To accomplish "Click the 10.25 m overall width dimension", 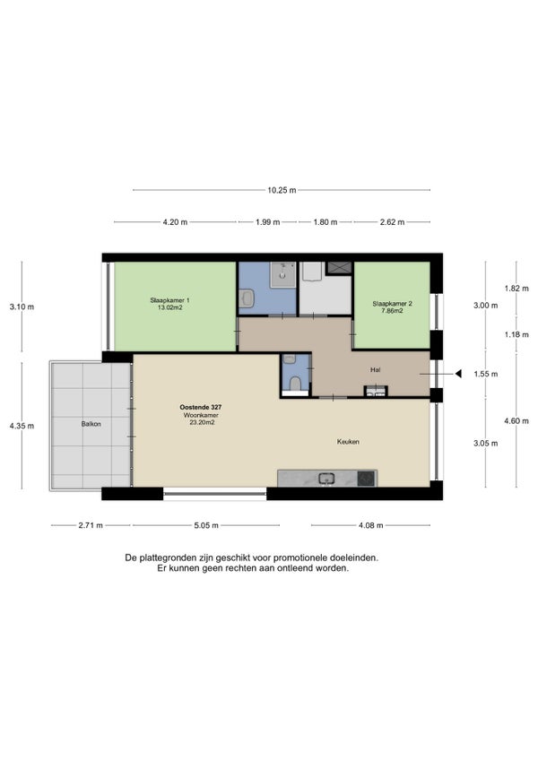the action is [x=282, y=190].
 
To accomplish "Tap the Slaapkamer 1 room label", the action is [x=169, y=300].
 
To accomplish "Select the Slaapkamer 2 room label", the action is [x=392, y=304].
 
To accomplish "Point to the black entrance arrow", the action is [x=458, y=374].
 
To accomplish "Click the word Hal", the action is [x=375, y=370].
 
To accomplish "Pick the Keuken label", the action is [x=348, y=442].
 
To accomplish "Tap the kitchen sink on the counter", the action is [x=326, y=479].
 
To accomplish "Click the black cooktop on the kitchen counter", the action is [x=366, y=479].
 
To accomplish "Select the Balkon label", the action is [x=91, y=424].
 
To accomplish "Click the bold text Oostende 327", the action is [x=200, y=408].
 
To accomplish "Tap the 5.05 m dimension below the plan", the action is [x=206, y=525].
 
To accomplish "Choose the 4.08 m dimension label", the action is [x=370, y=525].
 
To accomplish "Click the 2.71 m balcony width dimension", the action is [x=91, y=525].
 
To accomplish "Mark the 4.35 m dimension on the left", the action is [x=22, y=426].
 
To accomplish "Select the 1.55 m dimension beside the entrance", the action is [x=486, y=375].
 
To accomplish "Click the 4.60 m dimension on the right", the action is [x=516, y=420].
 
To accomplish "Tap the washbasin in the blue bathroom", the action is [x=247, y=298].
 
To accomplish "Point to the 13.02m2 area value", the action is [x=169, y=307].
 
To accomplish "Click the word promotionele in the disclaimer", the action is [x=300, y=557].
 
